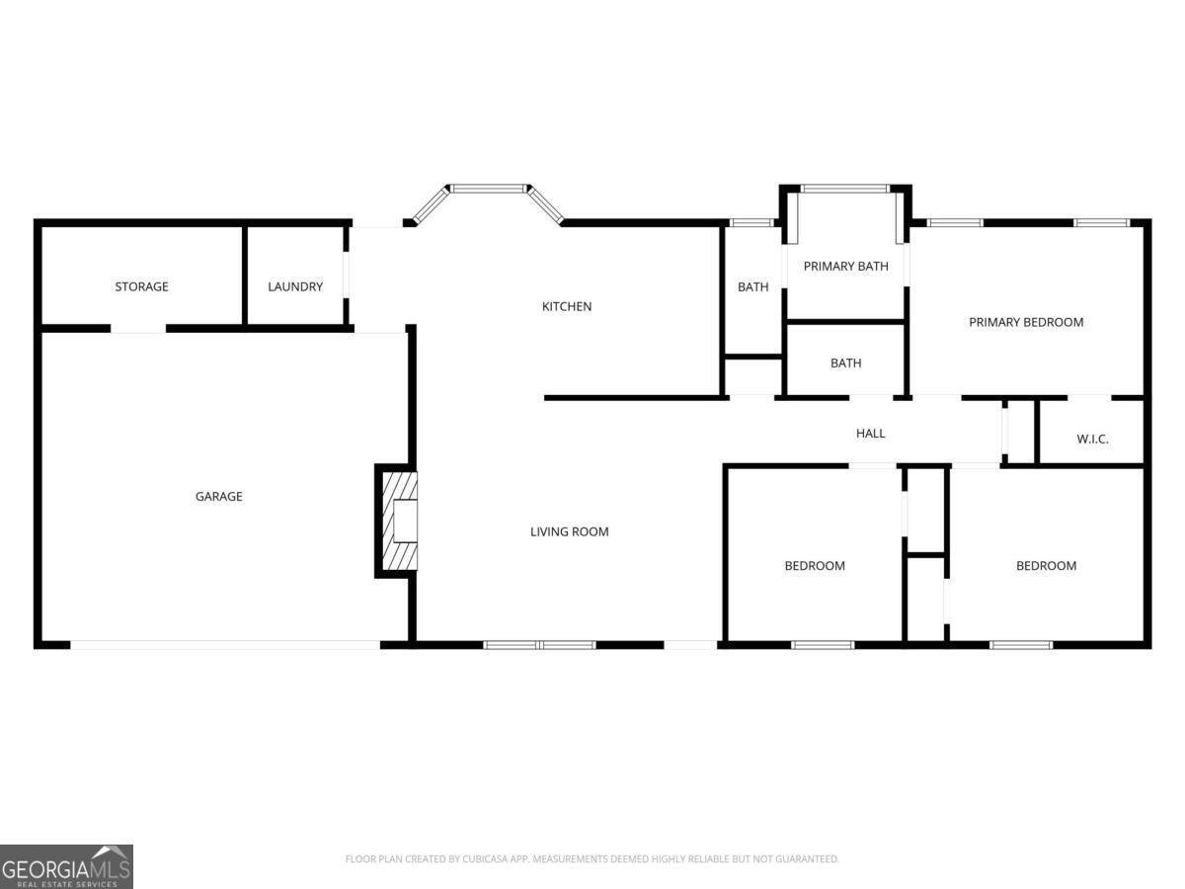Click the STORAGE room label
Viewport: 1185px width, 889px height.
coord(141,286)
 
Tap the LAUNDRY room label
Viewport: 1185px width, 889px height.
coord(295,286)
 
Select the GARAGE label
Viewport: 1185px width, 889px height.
coord(218,497)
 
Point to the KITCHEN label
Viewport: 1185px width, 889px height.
coord(567,306)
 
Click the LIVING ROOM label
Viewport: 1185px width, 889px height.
coord(569,531)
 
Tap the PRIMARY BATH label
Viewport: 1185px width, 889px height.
coord(845,266)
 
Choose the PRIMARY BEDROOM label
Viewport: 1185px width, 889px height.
coord(1026,322)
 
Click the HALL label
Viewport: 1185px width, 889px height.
coord(870,433)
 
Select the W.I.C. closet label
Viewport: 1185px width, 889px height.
coord(1091,439)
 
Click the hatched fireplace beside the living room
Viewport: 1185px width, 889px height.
coord(397,521)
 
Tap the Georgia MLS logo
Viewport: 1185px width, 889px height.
coord(66,866)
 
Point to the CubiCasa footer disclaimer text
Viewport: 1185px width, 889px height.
coord(592,859)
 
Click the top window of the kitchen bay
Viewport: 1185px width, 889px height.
coord(489,187)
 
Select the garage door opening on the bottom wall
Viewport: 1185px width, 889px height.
coord(224,645)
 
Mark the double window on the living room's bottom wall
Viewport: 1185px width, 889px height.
coord(539,645)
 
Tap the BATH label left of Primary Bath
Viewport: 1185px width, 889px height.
coord(752,287)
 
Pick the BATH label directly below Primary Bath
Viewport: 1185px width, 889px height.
coord(845,364)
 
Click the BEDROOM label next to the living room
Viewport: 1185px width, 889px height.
coord(815,566)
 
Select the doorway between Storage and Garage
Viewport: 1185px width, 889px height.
coord(138,328)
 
